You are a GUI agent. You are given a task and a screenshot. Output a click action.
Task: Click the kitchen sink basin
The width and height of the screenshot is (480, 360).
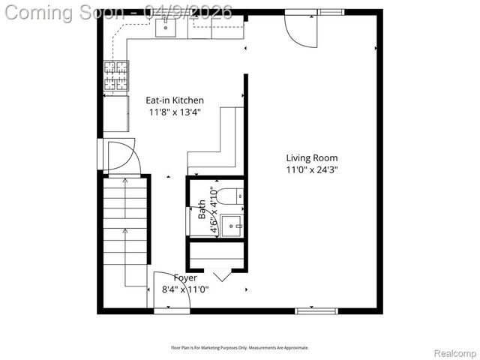point(166,28)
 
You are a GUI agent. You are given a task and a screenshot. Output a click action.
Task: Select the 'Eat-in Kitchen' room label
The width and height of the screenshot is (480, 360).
point(174,100)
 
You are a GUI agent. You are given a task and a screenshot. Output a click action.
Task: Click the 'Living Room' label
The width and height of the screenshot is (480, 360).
point(311,158)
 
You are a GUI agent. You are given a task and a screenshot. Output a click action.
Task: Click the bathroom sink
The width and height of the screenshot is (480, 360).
point(233,223)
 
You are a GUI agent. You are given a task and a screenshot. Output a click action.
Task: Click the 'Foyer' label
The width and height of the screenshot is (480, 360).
point(185,277)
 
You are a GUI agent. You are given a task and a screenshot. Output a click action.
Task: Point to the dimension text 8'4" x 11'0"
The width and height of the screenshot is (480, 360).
point(185,289)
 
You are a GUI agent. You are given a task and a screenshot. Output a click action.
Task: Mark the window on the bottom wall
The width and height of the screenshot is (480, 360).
point(316,310)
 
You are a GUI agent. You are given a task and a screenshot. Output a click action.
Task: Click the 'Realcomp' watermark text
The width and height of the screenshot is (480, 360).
point(455,352)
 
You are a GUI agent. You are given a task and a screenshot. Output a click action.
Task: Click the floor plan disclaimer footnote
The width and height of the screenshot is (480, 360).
point(240,347)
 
